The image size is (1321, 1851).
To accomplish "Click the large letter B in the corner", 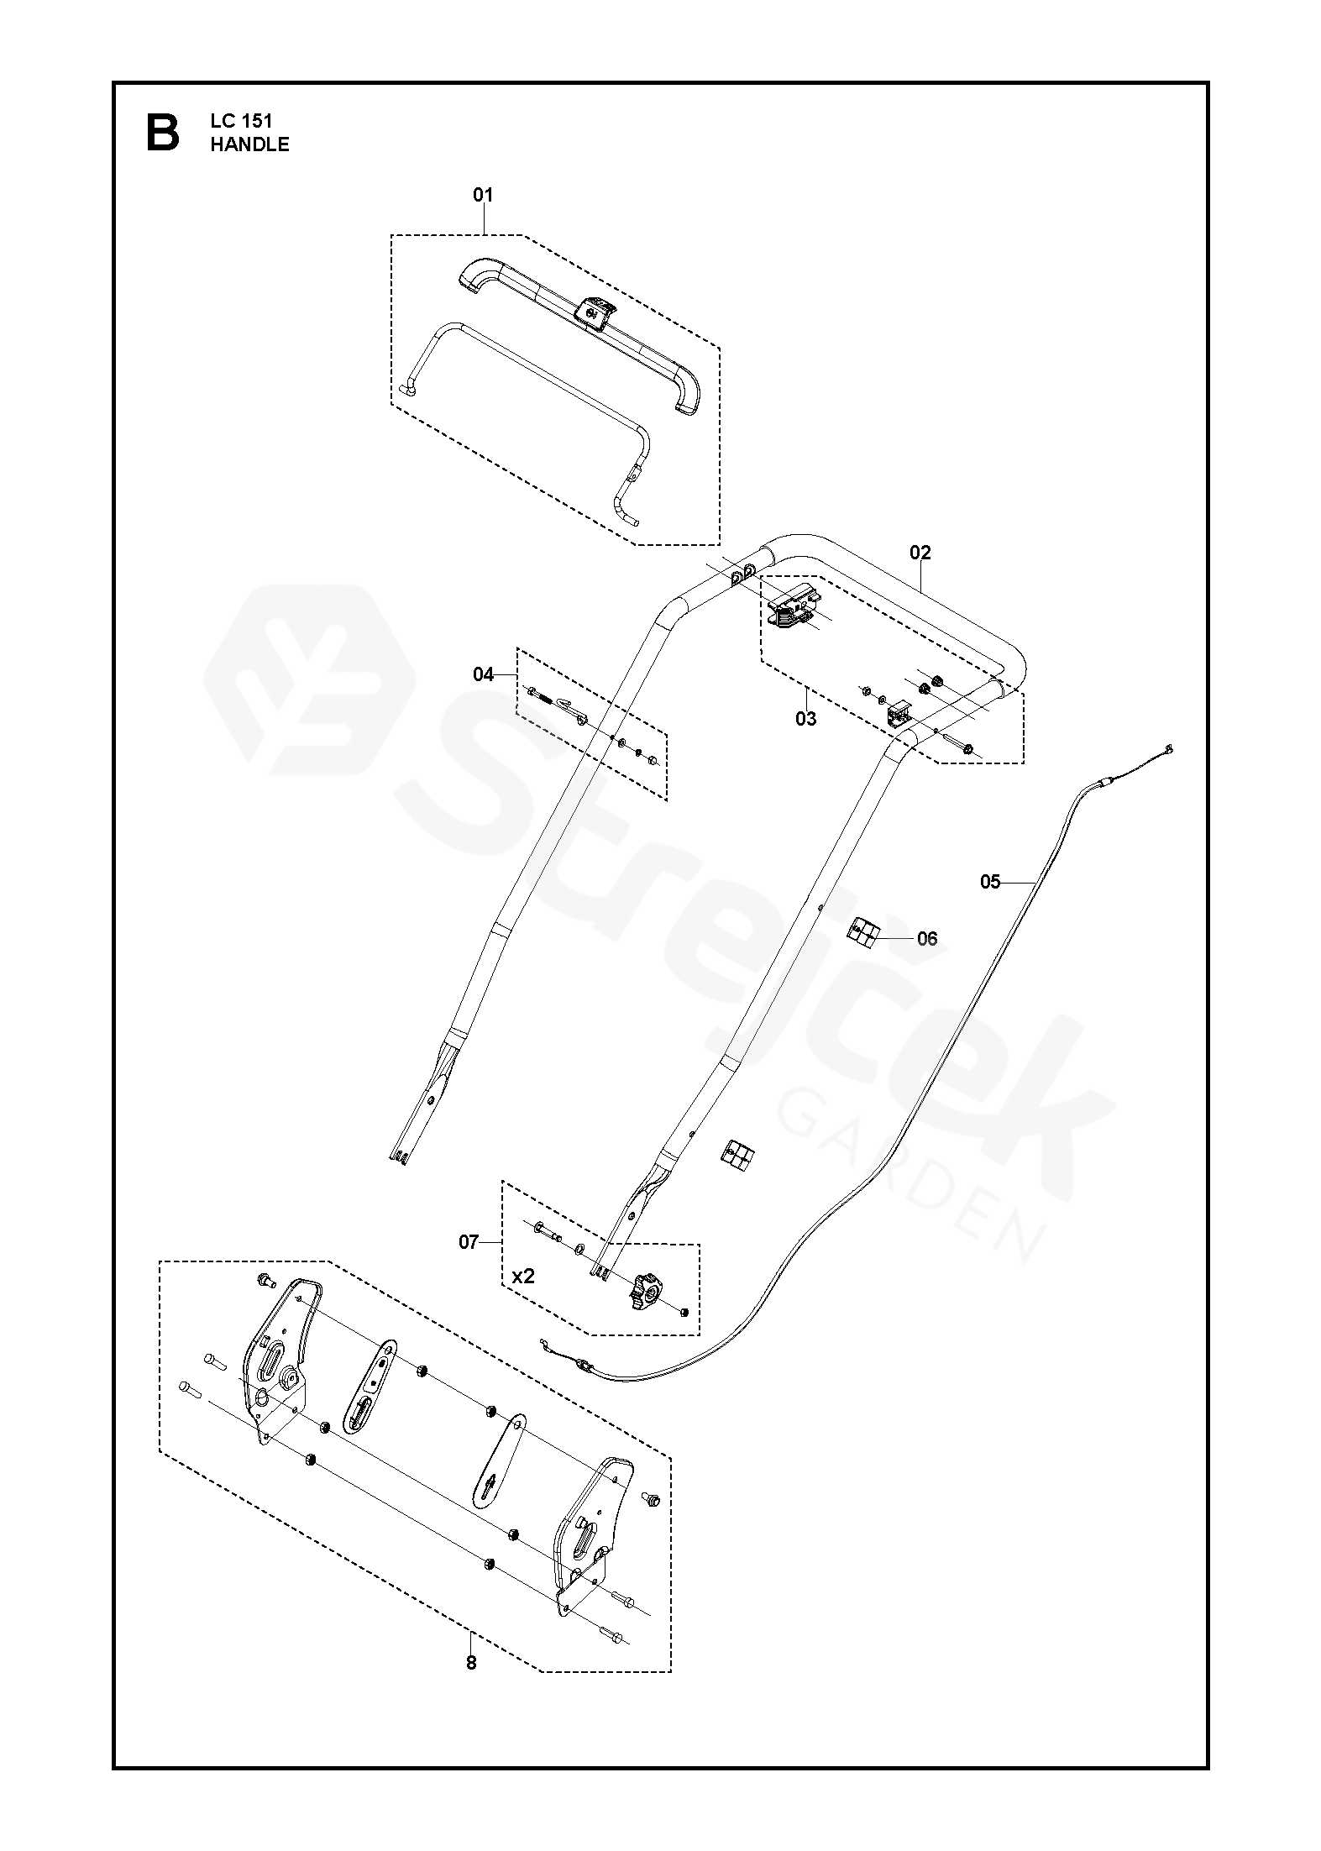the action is tap(163, 134).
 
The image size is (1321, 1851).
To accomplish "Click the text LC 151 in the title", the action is tap(240, 122).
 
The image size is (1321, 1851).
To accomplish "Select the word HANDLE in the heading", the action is tap(249, 144).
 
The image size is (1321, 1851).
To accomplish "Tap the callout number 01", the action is tap(483, 196).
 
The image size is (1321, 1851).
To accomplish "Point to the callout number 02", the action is tap(920, 553).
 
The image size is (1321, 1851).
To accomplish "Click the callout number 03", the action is tap(805, 719).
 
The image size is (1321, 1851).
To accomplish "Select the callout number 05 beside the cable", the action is tap(991, 882).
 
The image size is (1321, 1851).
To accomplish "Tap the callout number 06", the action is tap(927, 938).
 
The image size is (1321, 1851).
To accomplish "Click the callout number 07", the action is tap(469, 1242).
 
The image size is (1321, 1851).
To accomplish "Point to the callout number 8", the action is tap(471, 1662).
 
